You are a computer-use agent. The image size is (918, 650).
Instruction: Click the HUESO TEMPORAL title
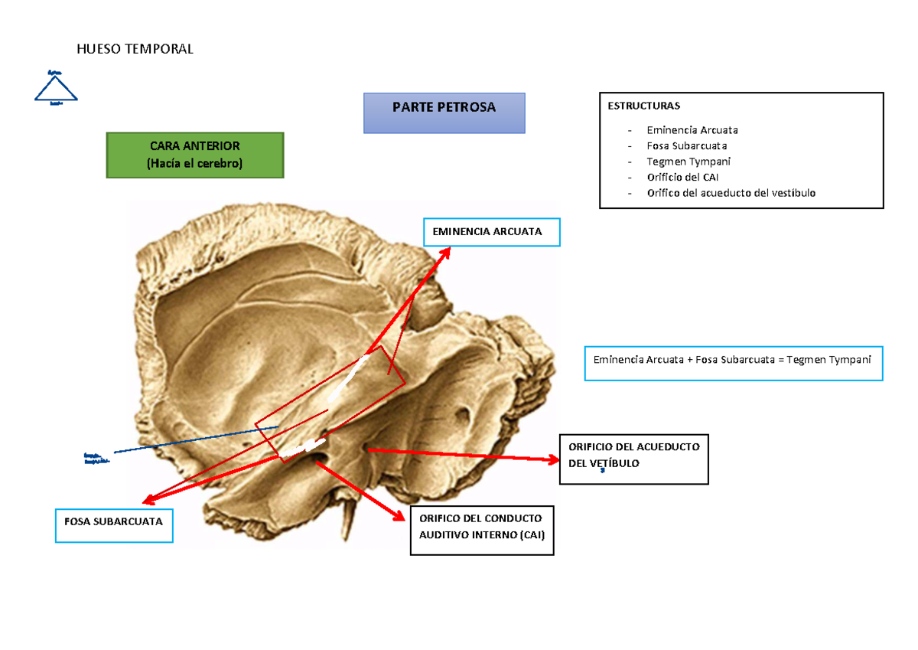pos(135,49)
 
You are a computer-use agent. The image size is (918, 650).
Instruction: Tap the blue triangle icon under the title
pos(56,87)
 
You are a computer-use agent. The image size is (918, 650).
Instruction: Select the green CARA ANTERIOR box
pos(194,155)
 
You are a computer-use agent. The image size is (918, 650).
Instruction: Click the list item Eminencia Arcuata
pos(692,130)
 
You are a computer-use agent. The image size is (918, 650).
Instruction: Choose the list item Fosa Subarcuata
pos(686,145)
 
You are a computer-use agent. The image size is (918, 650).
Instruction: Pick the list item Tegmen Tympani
pos(688,162)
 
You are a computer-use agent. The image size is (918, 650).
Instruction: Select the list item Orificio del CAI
pos(682,177)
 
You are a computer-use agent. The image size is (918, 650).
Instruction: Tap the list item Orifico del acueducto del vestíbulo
pos(731,193)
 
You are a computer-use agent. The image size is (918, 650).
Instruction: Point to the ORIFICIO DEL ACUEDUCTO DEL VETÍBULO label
pos(633,456)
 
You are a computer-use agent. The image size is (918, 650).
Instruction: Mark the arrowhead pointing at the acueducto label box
pos(553,459)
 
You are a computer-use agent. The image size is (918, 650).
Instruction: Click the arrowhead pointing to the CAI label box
pos(399,516)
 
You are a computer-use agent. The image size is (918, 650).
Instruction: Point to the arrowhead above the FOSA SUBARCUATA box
pos(145,500)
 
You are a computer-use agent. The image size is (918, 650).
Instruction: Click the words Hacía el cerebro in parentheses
pos(194,163)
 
